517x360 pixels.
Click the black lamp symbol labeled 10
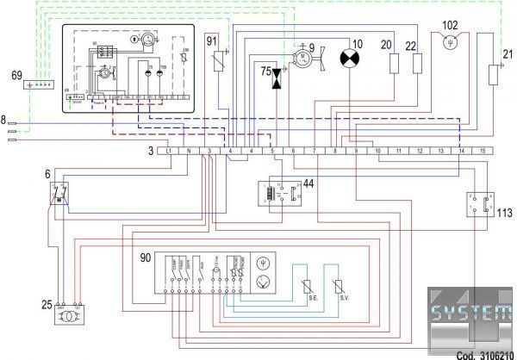click(x=352, y=59)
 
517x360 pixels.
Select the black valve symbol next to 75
click(x=277, y=78)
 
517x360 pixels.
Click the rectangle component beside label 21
click(x=494, y=73)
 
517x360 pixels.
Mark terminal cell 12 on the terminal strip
click(x=420, y=151)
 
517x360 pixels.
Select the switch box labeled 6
click(x=59, y=194)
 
